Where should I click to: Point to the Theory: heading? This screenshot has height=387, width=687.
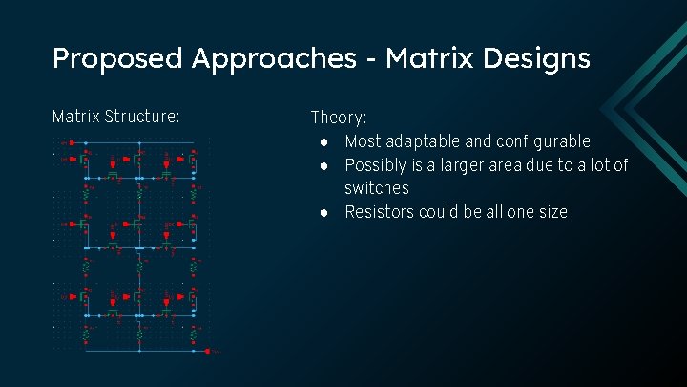pyautogui.click(x=338, y=118)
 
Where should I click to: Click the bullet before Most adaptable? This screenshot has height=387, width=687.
pyautogui.click(x=325, y=141)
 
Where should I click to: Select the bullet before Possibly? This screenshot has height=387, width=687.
pyautogui.click(x=325, y=165)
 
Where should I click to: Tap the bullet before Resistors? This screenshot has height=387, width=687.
pyautogui.click(x=325, y=212)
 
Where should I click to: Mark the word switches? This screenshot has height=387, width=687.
pyautogui.click(x=376, y=188)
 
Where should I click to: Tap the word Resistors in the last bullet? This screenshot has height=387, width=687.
pyautogui.click(x=380, y=212)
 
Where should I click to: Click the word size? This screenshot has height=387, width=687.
pyautogui.click(x=550, y=212)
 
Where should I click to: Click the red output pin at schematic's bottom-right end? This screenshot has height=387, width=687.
pyautogui.click(x=207, y=352)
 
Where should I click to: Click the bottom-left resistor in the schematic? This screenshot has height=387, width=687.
pyautogui.click(x=86, y=333)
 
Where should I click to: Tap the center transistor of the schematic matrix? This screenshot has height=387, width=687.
pyautogui.click(x=140, y=244)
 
